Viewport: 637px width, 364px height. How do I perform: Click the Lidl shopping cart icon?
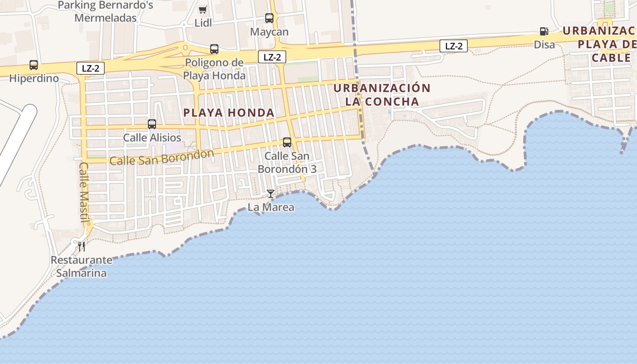tap(203, 10)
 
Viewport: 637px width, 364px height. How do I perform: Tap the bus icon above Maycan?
tap(269, 18)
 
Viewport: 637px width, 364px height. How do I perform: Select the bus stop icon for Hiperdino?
tap(34, 65)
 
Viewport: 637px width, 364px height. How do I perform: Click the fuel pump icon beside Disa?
tap(544, 31)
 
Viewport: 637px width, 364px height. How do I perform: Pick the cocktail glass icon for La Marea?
tap(271, 194)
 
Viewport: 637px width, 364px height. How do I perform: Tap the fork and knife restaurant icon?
tap(81, 247)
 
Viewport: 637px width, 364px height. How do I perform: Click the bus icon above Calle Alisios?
tap(152, 124)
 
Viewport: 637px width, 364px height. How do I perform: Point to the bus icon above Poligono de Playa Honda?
tap(214, 49)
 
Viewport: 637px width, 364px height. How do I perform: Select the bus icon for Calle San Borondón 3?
tap(287, 142)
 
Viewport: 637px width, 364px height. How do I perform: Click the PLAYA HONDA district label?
tap(229, 113)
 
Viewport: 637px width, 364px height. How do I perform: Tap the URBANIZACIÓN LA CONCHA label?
tap(382, 95)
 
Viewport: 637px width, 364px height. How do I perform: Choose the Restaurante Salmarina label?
tap(81, 267)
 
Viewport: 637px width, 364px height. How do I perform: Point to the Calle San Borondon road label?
tap(162, 157)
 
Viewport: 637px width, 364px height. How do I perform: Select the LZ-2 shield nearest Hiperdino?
tap(91, 69)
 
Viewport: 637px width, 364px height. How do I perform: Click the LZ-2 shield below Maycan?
tap(272, 57)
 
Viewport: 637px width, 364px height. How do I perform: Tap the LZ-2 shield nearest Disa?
tap(454, 46)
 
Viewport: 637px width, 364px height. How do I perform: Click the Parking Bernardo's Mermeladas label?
tap(106, 12)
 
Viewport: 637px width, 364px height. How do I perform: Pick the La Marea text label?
tap(271, 207)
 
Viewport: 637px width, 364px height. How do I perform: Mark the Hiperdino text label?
tap(34, 78)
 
